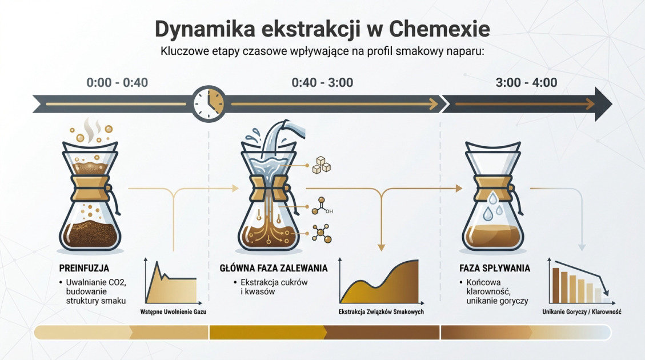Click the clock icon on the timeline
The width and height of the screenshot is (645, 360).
pos(209,103)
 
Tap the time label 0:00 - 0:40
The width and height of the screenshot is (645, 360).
pos(117,83)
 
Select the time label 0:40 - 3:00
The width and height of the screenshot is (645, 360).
pos(322,83)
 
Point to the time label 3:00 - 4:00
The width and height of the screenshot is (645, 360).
pos(526,83)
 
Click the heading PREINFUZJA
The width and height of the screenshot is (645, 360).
pos(84,268)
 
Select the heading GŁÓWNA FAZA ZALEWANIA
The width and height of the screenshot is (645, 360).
pos(274,268)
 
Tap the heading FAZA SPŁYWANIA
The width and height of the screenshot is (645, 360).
pos(495,268)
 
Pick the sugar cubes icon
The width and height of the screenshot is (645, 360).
pos(322,166)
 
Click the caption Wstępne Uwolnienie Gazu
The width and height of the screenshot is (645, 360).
pos(174,312)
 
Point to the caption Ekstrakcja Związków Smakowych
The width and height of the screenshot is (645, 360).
pos(381,312)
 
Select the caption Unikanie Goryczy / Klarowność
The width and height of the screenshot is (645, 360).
pos(582,312)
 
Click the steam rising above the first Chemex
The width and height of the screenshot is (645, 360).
pos(90,129)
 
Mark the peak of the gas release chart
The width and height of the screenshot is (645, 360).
pos(155,263)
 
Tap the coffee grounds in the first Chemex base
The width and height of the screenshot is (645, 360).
pos(90,234)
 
